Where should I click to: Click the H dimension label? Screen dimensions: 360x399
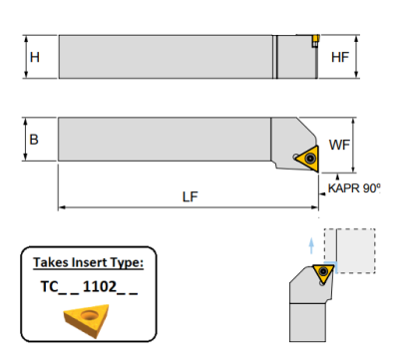(35, 58)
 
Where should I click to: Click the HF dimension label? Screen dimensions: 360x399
(338, 58)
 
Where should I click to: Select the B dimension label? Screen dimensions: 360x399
(34, 141)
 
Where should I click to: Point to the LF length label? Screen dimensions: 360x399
(190, 196)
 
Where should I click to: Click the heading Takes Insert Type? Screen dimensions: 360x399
(88, 263)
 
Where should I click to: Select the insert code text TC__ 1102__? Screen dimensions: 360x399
(88, 290)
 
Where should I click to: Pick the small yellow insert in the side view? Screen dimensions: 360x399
(313, 42)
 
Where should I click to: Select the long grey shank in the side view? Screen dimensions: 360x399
(165, 58)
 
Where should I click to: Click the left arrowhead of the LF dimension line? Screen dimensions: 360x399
(62, 208)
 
